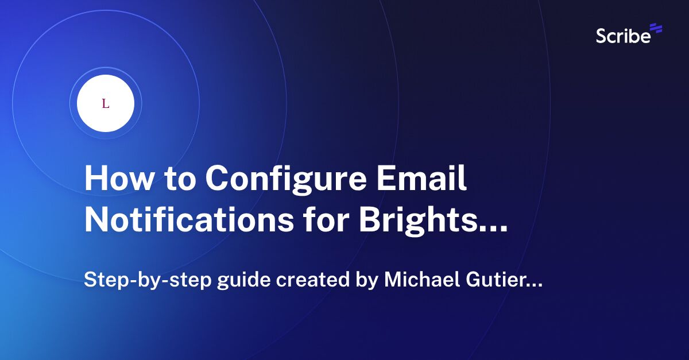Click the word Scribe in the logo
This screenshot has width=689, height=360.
pyautogui.click(x=624, y=36)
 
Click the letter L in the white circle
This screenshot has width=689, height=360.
pyautogui.click(x=105, y=104)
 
